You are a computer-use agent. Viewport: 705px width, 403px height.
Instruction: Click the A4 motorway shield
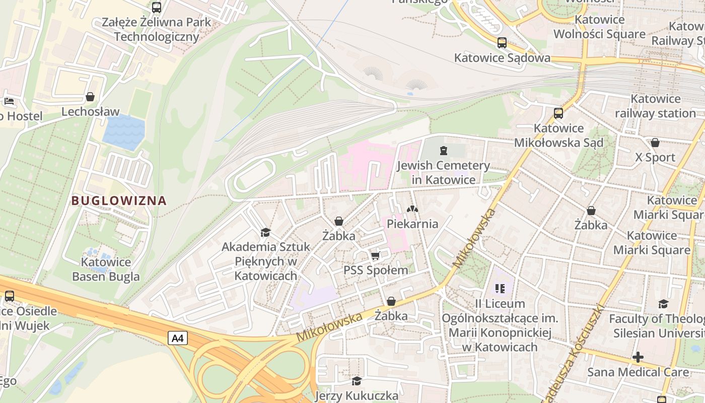coord(178,339)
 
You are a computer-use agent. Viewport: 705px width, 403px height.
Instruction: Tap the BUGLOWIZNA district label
coord(119,200)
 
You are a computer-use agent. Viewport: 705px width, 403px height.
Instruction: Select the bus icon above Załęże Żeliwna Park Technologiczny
coord(157,8)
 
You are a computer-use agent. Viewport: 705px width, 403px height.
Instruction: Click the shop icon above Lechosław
coord(90,97)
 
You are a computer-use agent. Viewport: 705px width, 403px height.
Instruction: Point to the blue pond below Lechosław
coord(123,132)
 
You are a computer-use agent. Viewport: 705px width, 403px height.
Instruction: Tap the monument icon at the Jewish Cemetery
coord(443,150)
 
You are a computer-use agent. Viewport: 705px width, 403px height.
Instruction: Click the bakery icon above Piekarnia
coord(412,209)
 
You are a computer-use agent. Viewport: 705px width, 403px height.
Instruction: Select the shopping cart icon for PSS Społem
coord(375,256)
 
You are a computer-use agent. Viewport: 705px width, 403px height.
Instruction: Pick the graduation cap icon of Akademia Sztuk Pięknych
coord(265,232)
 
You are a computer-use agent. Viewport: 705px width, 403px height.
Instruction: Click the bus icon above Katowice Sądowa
coord(502,43)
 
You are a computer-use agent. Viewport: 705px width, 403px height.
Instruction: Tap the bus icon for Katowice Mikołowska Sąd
coord(558,113)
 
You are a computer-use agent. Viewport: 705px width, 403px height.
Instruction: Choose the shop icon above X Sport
coord(655,143)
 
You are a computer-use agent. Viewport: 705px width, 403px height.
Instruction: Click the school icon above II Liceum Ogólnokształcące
coord(500,289)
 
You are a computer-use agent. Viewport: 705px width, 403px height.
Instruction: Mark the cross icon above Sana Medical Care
coord(638,357)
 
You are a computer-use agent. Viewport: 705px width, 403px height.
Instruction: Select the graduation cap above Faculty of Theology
coord(663,304)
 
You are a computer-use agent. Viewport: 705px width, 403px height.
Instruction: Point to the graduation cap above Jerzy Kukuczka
coord(357,381)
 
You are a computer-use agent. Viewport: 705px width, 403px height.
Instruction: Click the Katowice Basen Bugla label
coord(106,269)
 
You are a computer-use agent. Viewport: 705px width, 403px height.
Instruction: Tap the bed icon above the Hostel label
coord(9,101)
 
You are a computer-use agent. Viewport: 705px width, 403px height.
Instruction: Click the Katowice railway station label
coord(655,106)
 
